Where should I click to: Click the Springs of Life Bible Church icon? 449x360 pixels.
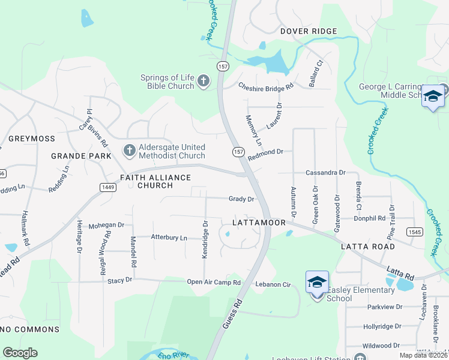[203, 81]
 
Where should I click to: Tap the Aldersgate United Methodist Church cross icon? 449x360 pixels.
[128, 150]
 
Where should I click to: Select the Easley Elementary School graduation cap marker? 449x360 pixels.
[317, 283]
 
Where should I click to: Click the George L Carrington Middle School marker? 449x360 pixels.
[432, 97]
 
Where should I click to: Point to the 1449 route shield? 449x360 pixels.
[107, 187]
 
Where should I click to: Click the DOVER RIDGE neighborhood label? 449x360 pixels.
[308, 31]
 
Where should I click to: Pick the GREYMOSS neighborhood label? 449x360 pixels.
[32, 139]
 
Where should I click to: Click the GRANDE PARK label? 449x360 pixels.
[81, 156]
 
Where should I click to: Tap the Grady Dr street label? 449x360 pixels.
[241, 199]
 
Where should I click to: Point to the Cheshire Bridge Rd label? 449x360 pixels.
[265, 86]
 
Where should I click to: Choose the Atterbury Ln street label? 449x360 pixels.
[169, 238]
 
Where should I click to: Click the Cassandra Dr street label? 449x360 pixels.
[325, 172]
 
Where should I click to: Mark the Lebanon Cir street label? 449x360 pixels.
[273, 284]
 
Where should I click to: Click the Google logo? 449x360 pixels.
[20, 353]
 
